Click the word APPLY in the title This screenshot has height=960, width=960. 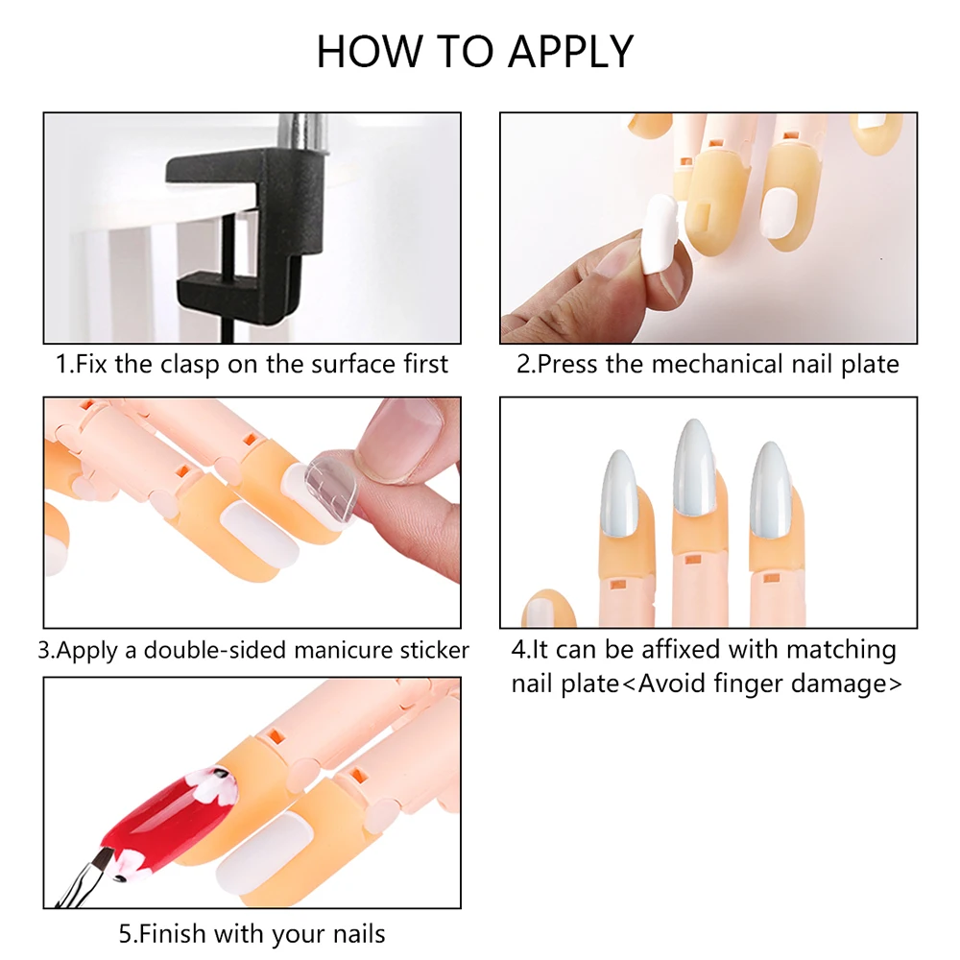(x=570, y=52)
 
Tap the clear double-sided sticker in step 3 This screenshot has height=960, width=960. (x=330, y=488)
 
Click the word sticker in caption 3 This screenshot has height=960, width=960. (x=435, y=650)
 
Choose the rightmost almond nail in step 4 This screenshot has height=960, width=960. (x=773, y=490)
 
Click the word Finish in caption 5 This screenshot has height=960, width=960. (x=164, y=934)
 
